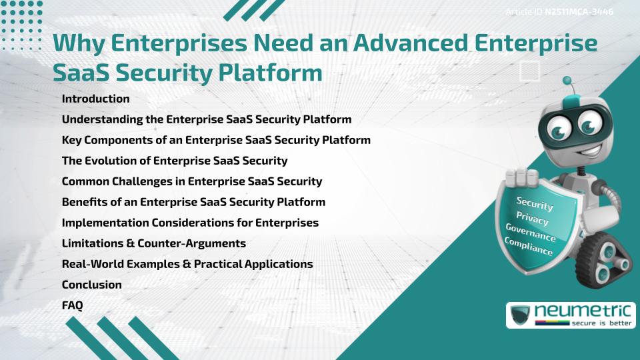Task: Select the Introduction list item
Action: (95, 99)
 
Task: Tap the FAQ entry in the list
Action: (72, 305)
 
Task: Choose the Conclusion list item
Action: (91, 285)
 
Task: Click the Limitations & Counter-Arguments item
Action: (153, 243)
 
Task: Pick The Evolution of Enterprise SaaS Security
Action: (174, 161)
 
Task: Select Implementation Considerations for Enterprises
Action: (189, 223)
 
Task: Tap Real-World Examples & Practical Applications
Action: (187, 264)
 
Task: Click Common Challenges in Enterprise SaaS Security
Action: (191, 181)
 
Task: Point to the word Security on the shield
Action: (535, 204)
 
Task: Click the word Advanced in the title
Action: (406, 43)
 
